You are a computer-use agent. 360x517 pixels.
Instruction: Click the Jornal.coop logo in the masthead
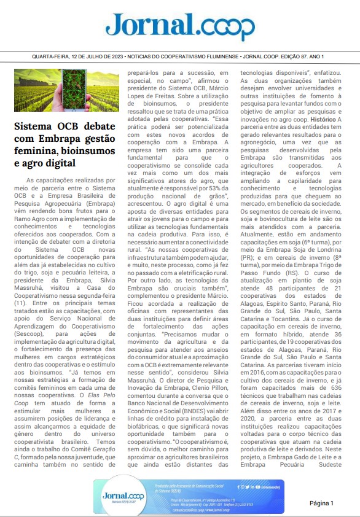point(180,25)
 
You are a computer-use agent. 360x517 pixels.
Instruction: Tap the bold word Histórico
point(315,101)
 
